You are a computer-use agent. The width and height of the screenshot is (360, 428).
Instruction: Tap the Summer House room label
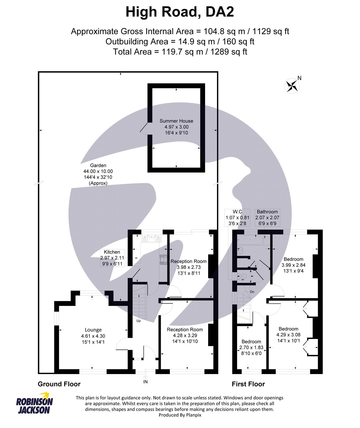click(x=176, y=121)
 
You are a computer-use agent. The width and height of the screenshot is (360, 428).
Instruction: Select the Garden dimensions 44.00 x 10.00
click(x=98, y=171)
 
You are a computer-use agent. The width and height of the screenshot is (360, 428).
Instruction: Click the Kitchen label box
click(x=112, y=258)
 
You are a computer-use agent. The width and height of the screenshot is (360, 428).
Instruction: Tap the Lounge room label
click(x=93, y=330)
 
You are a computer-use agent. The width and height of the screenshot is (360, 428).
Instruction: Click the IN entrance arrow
click(x=145, y=378)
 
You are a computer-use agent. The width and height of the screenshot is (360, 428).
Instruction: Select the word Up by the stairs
click(x=139, y=321)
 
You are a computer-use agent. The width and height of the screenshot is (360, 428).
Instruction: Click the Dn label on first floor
click(x=252, y=292)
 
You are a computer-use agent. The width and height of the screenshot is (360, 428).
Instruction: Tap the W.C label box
click(x=237, y=217)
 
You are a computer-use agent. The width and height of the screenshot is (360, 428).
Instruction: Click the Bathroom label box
click(x=267, y=217)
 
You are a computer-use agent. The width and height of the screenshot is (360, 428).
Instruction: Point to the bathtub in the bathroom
click(x=250, y=240)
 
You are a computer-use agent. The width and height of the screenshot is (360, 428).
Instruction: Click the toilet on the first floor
click(x=243, y=276)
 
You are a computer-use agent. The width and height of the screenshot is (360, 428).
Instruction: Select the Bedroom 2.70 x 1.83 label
click(x=251, y=347)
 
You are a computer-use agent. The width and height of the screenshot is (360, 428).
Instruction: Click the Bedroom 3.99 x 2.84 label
click(x=293, y=265)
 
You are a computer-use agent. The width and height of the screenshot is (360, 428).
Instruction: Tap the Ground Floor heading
click(x=59, y=384)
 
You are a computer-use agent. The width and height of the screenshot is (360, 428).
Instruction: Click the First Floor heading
click(x=248, y=384)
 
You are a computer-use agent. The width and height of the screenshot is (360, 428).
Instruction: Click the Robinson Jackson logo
click(x=35, y=403)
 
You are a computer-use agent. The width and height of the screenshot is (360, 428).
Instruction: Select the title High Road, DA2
click(x=180, y=12)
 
